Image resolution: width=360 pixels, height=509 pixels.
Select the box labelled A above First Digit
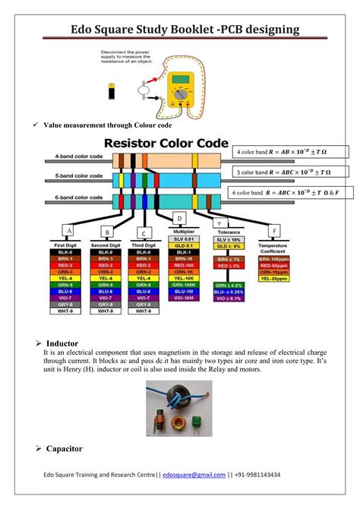coord(68,230)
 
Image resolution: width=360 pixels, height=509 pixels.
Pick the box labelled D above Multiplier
coord(179,219)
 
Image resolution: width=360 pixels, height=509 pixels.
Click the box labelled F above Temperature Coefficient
coord(274,229)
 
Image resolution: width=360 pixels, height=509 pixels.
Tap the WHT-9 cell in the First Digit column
coord(68,310)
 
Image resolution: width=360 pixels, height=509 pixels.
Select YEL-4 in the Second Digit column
coord(107,278)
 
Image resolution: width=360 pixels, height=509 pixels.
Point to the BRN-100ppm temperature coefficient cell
coord(279,259)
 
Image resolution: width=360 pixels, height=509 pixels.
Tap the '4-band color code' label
coord(79,156)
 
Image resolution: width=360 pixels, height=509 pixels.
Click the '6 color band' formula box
coord(288,193)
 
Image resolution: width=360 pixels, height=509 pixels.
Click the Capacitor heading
coord(65,450)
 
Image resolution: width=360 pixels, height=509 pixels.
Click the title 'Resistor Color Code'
coord(166,142)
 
